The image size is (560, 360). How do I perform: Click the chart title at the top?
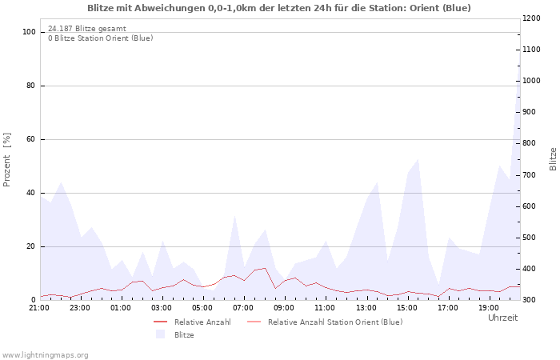click(x=279, y=8)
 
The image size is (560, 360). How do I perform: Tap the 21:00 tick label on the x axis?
click(x=39, y=307)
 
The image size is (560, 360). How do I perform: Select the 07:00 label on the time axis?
click(x=243, y=307)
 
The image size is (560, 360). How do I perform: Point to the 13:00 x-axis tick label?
click(x=366, y=307)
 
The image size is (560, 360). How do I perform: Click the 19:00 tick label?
click(x=488, y=307)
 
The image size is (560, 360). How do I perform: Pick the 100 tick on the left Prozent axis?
click(x=29, y=32)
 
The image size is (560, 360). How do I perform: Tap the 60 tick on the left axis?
click(x=31, y=139)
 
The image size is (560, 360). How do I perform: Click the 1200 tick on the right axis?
click(x=534, y=18)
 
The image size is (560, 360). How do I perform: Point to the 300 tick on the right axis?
click(x=531, y=300)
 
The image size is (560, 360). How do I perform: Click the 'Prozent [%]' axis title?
click(x=8, y=160)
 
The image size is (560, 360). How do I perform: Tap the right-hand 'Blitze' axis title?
click(x=553, y=158)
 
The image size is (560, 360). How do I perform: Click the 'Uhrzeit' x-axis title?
click(x=502, y=318)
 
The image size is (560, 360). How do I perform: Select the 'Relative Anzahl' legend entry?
click(x=202, y=322)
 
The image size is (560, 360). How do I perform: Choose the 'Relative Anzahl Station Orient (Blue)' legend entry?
click(x=334, y=322)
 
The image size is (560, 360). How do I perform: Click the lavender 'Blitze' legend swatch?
click(x=160, y=334)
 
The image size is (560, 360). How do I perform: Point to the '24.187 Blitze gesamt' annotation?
click(x=86, y=29)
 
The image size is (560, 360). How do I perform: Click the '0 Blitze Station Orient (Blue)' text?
click(x=100, y=38)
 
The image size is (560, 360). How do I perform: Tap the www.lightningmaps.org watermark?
click(x=46, y=354)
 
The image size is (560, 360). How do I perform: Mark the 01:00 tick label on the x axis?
click(x=121, y=307)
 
